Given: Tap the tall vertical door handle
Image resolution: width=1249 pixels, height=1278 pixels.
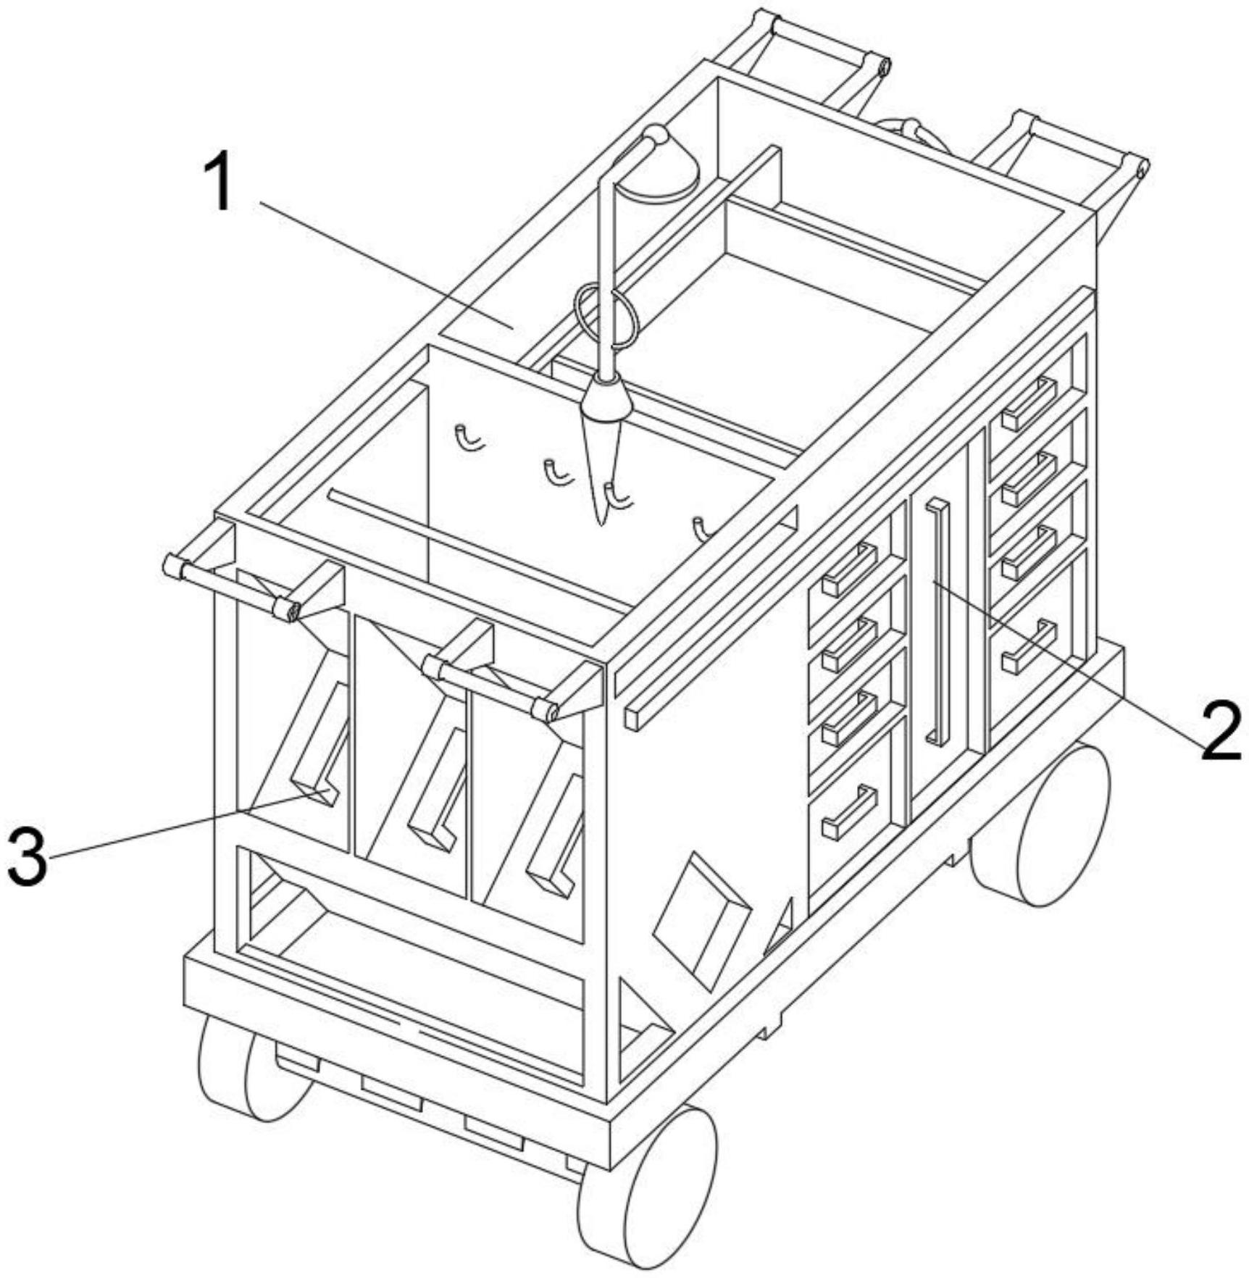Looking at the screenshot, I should click(938, 621).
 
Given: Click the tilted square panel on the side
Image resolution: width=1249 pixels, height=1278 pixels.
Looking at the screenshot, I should click(701, 919).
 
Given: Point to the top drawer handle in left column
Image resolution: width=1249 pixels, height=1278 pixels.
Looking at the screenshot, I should click(851, 569).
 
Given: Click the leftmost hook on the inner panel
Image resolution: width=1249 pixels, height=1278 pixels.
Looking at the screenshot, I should click(466, 438).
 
